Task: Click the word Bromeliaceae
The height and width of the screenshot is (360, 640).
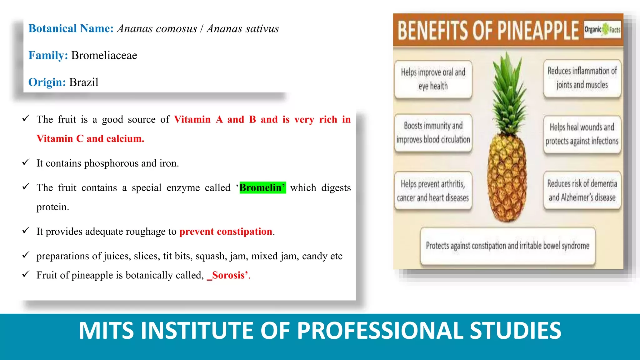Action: (104, 55)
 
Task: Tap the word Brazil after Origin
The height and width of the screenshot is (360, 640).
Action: (84, 82)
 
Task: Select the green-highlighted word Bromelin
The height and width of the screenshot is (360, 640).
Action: (262, 187)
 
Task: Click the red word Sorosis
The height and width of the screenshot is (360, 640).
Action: (228, 275)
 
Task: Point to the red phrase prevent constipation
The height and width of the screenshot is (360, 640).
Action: (226, 232)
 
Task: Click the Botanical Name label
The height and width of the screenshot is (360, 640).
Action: (71, 28)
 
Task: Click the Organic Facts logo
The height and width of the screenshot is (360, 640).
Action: (602, 30)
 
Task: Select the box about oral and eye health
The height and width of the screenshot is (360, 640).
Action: (433, 79)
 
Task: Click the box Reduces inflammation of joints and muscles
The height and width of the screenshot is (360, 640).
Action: (582, 78)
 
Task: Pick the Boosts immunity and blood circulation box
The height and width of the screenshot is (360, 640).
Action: (433, 133)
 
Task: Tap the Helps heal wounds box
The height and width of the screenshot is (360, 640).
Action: (582, 134)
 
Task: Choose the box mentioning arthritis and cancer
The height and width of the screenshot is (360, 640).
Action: (433, 191)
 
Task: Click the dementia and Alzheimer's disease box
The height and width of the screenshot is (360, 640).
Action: (582, 190)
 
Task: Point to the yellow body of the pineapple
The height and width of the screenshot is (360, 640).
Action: (507, 178)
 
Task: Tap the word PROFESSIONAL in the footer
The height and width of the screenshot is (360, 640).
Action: (380, 331)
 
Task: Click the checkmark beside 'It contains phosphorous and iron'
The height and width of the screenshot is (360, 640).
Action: (26, 162)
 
